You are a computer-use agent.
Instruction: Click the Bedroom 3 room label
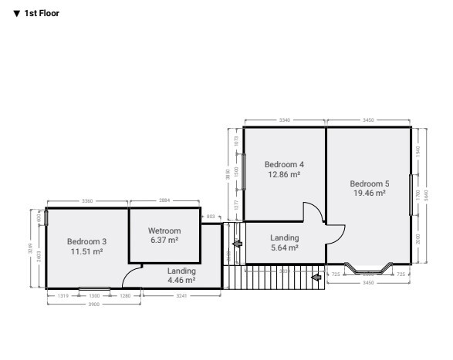(86, 241)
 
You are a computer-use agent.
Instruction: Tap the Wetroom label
(164, 230)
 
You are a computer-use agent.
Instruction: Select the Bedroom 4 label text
(284, 164)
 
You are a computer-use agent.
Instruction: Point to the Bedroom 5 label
(370, 183)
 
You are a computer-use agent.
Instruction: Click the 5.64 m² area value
(284, 248)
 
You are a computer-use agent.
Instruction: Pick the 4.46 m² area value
(181, 281)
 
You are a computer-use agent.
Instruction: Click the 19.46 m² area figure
(370, 193)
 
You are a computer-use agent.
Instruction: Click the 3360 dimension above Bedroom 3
(86, 200)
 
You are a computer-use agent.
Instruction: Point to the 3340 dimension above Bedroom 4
(284, 120)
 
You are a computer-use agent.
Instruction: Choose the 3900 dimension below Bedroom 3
(94, 304)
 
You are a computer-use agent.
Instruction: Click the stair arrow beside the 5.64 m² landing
(237, 244)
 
